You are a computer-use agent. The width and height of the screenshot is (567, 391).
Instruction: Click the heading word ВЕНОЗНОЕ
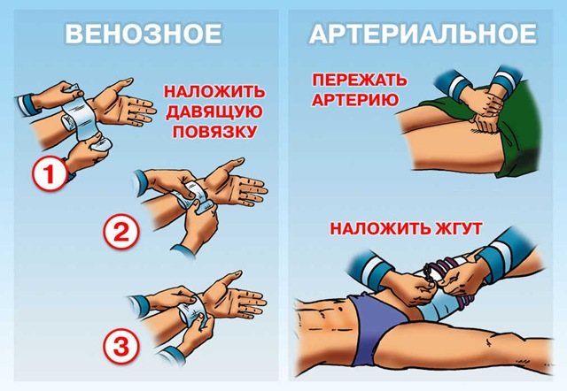[143, 34]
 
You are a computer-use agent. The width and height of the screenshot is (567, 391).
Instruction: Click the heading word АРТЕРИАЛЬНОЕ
[423, 34]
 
